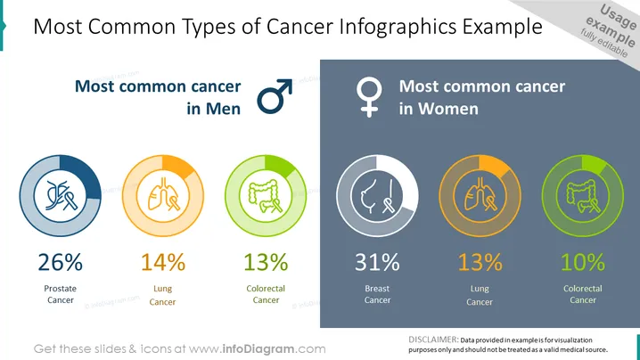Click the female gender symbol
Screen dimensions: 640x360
369,97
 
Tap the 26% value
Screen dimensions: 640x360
61,262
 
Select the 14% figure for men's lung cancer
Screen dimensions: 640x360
163,262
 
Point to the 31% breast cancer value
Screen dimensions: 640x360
377,262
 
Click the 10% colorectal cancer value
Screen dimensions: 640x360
583,262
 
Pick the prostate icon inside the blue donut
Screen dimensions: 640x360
61,195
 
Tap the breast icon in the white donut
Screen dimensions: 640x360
378,196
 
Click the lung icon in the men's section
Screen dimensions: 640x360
163,194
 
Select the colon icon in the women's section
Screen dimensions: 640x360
583,196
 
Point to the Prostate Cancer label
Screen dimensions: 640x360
61,294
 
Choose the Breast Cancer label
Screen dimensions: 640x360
378,294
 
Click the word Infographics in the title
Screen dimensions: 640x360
398,27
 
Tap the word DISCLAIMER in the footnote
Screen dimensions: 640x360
433,340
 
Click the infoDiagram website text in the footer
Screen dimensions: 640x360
257,349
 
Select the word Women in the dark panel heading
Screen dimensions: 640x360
448,109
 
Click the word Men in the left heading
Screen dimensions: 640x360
223,109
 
